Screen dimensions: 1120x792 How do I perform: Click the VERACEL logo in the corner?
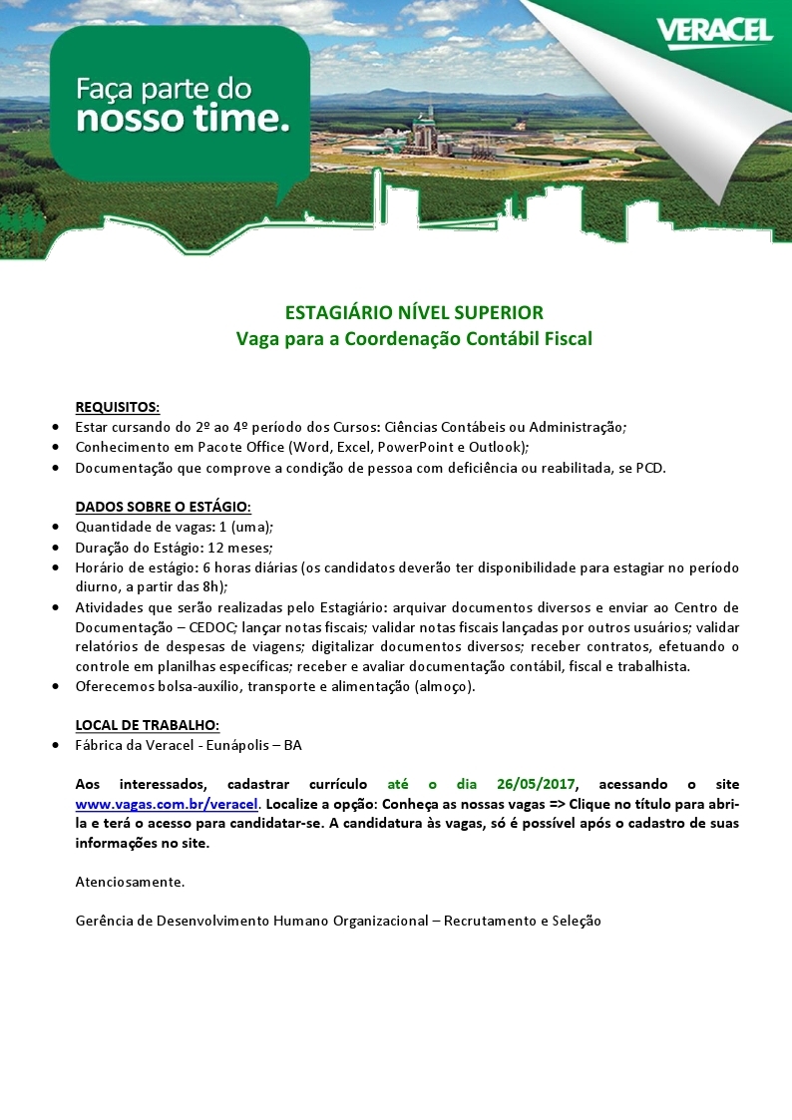tap(713, 32)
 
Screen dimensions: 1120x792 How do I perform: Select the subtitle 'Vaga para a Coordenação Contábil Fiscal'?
tap(414, 339)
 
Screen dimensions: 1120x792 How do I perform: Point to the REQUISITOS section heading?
tap(118, 407)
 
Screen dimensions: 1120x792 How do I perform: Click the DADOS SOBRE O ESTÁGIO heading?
tap(164, 508)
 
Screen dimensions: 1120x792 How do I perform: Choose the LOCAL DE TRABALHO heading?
tap(148, 725)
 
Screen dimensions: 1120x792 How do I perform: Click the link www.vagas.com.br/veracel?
tap(168, 804)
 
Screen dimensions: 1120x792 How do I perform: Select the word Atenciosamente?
tap(130, 882)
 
